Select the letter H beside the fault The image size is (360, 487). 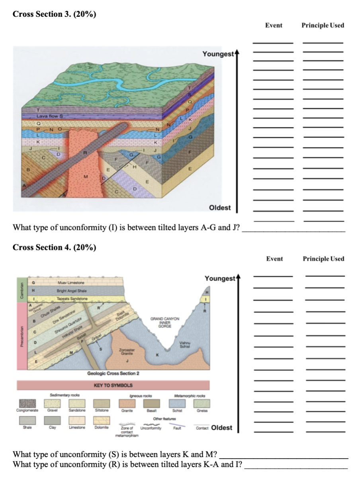[x=135, y=167]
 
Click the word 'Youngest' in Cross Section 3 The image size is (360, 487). [x=217, y=54]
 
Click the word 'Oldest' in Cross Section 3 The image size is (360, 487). [x=220, y=208]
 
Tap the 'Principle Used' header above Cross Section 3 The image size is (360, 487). [x=323, y=26]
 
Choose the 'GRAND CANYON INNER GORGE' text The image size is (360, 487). [x=165, y=322]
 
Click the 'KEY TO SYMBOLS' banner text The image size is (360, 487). [x=113, y=386]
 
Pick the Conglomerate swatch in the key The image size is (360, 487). [x=26, y=404]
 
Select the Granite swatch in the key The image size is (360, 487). [x=127, y=404]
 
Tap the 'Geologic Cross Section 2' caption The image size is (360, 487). [x=113, y=373]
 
